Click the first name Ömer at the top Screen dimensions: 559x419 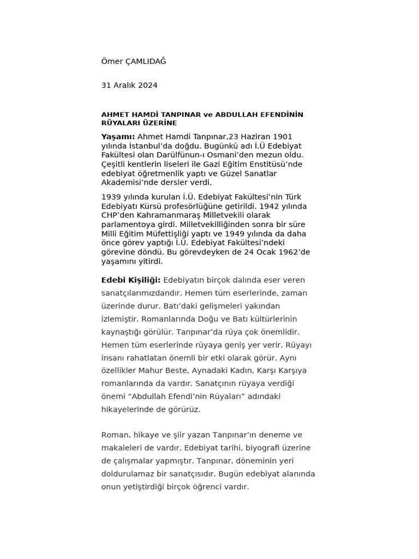[x=112, y=61]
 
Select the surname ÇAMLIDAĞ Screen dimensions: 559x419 [x=146, y=61]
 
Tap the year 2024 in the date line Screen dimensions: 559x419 [x=148, y=85]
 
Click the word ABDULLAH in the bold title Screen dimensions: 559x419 [x=237, y=115]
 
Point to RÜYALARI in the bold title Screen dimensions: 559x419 [x=119, y=123]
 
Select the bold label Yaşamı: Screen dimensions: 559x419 [x=118, y=136]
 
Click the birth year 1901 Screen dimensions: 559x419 [x=283, y=136]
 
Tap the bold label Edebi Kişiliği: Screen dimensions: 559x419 [x=131, y=280]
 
